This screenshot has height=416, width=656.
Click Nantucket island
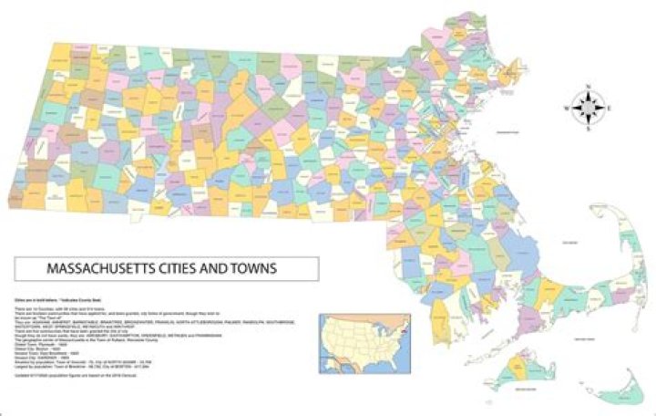point(620,376)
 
